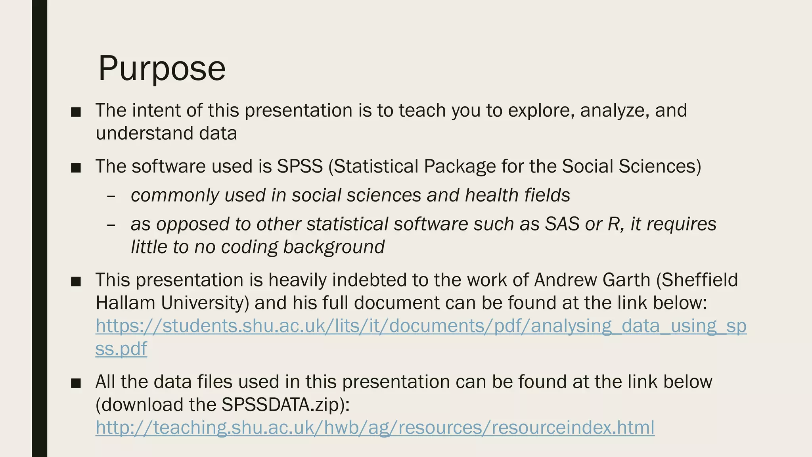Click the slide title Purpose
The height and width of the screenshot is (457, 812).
point(162,68)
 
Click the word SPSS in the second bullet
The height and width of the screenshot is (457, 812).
point(300,166)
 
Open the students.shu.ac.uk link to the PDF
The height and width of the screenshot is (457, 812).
point(421,326)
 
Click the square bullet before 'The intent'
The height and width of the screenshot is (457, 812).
point(76,112)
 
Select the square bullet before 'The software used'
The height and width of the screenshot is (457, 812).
point(76,168)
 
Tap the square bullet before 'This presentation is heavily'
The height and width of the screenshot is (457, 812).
point(76,282)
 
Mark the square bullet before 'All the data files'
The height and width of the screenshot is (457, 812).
point(76,384)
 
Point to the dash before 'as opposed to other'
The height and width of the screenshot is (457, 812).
point(111,225)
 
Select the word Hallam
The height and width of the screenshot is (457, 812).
point(126,303)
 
